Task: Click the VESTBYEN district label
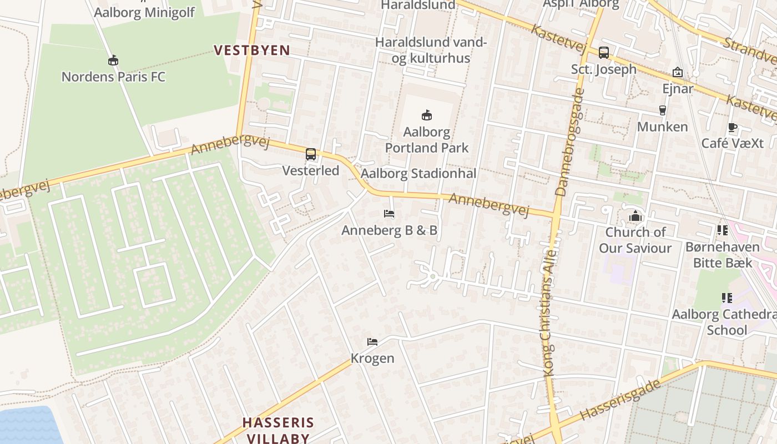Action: [252, 51]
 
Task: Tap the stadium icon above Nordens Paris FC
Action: [113, 60]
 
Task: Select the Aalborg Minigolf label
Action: [144, 12]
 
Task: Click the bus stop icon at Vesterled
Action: [311, 154]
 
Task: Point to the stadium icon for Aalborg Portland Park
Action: [427, 115]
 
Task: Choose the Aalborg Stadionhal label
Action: [418, 174]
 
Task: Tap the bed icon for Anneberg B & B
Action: [389, 214]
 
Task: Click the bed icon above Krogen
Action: [372, 342]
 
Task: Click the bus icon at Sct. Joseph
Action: [604, 53]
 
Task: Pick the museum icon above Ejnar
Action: [678, 72]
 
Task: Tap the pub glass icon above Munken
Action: [662, 110]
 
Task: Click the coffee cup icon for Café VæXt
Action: [733, 127]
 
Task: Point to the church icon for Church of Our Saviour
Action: [635, 216]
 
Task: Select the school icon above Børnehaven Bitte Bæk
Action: [722, 230]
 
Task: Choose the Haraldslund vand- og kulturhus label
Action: [431, 50]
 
